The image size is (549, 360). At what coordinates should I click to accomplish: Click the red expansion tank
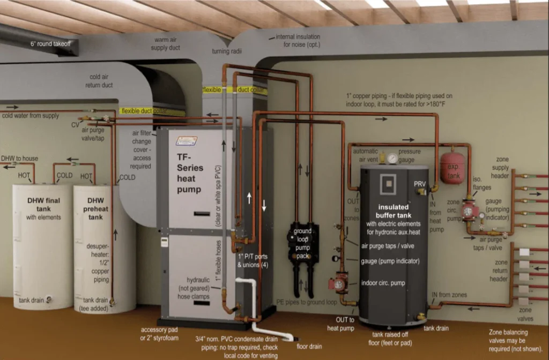[452, 168]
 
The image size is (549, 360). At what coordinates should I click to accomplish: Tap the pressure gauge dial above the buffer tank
[393, 159]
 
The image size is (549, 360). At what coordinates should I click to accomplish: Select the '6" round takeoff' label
[51, 44]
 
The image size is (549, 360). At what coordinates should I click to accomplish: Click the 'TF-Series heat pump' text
[189, 173]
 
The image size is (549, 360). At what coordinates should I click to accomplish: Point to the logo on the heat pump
[187, 141]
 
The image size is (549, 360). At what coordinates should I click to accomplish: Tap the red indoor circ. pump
[338, 284]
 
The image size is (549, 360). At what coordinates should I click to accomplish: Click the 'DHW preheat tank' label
[95, 209]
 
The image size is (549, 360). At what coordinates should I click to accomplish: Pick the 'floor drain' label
[309, 347]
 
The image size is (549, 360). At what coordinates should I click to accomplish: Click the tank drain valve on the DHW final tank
[49, 299]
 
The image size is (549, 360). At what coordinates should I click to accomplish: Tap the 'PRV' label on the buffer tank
[419, 184]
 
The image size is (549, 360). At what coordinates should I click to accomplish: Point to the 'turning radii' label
[227, 51]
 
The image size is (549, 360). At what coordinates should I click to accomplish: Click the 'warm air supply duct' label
[165, 44]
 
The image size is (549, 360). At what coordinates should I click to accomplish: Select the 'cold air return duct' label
[99, 81]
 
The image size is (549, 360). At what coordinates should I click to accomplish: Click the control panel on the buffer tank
[388, 184]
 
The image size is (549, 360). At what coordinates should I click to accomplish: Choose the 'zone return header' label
[499, 271]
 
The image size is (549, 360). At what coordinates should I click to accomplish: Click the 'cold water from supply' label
[31, 116]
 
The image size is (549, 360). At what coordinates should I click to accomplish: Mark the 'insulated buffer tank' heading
[393, 211]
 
